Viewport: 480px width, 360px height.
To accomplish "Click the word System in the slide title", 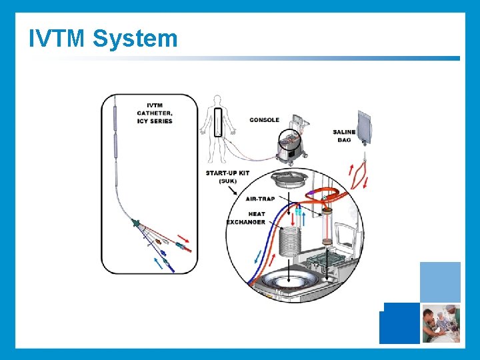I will (135, 38).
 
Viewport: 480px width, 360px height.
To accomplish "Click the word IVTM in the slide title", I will (57, 38).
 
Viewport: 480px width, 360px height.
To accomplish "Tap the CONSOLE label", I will (264, 120).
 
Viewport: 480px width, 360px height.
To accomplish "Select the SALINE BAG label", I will (344, 136).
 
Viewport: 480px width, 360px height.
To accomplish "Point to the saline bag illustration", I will (367, 127).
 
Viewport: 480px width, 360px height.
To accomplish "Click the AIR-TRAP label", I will (261, 198).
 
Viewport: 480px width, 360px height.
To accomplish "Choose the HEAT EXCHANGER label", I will (247, 218).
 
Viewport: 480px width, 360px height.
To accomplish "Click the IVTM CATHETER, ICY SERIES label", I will (159, 113).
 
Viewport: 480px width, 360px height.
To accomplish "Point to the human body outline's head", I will (216, 101).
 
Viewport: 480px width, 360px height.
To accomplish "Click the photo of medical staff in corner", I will (440, 323).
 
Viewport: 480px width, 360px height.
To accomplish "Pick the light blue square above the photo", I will (440, 282).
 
